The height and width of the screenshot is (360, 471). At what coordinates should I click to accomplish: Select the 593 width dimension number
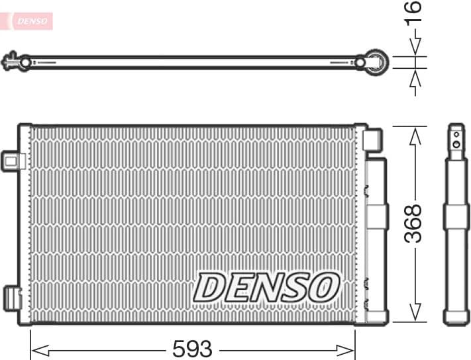(x=192, y=348)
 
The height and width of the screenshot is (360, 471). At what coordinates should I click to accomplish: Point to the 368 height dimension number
(x=414, y=223)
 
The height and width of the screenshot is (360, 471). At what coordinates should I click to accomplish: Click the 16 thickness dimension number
(x=413, y=13)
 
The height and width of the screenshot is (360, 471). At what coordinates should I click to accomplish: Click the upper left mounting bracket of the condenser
(x=13, y=160)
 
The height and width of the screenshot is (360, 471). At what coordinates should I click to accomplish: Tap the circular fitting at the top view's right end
(x=377, y=62)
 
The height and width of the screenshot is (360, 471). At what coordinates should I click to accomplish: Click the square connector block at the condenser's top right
(x=372, y=140)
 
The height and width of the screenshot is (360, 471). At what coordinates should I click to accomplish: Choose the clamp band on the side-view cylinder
(x=456, y=216)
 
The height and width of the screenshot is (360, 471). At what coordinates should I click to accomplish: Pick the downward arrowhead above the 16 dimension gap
(x=415, y=47)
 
